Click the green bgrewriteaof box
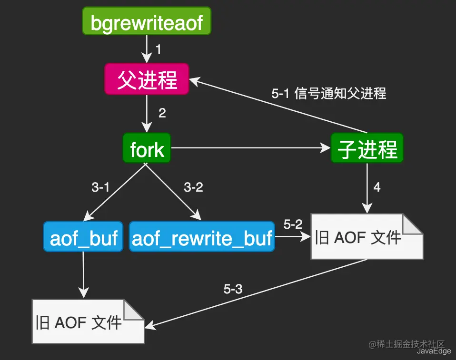click(147, 21)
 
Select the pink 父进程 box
click(147, 79)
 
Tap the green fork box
click(147, 148)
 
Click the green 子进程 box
click(367, 148)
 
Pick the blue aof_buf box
click(83, 236)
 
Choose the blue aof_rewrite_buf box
click(202, 236)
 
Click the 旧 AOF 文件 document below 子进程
click(367, 236)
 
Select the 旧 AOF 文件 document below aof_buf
click(88, 321)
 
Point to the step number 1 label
click(158, 49)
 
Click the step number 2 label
click(162, 113)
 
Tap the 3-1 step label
click(100, 187)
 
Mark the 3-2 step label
click(193, 187)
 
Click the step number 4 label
click(377, 187)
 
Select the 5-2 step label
click(293, 224)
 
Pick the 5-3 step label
click(233, 289)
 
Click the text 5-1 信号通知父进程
click(328, 94)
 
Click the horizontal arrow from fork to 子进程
click(251, 148)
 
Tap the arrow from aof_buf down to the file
click(83, 275)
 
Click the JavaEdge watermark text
click(434, 351)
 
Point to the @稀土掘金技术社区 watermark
click(406, 344)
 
